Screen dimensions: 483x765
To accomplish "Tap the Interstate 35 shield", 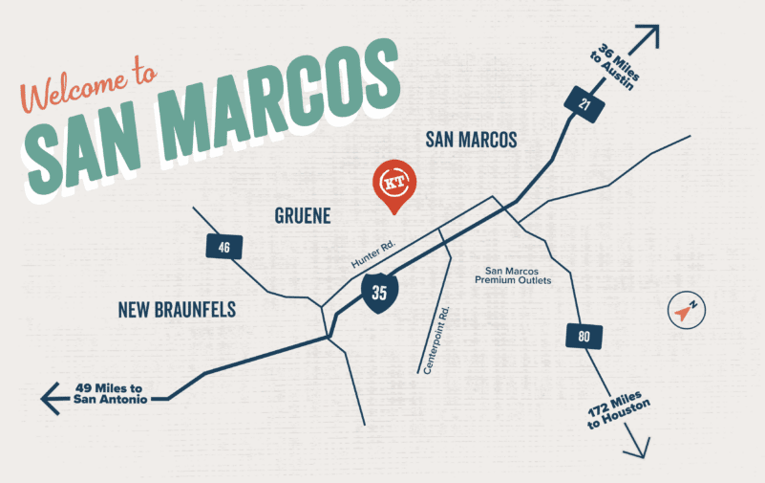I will [379, 292].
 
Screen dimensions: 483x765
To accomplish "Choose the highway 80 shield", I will [583, 336].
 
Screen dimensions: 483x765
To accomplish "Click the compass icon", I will [686, 311].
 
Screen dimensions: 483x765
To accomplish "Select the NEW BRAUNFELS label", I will [177, 309].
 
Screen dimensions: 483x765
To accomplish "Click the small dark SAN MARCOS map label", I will [471, 141].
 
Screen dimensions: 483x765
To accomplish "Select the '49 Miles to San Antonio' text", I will [111, 393].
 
